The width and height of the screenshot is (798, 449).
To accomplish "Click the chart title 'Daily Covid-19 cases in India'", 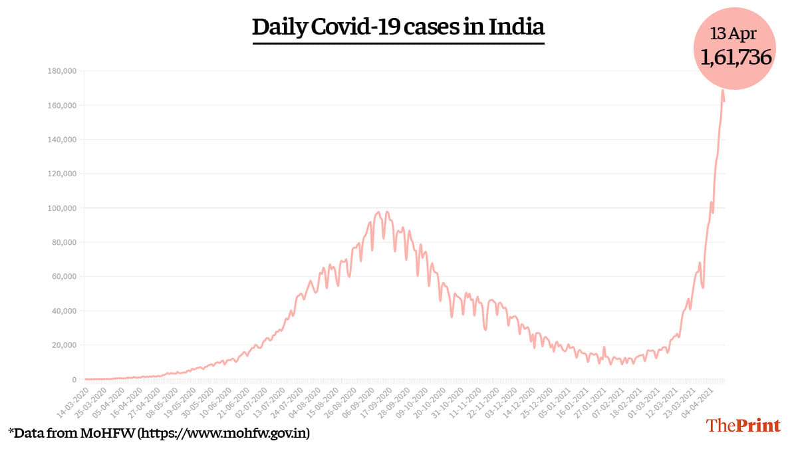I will pos(398,27).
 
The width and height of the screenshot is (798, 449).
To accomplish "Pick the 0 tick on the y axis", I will pos(74,380).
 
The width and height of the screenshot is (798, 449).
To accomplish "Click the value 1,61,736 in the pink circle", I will pos(735,57).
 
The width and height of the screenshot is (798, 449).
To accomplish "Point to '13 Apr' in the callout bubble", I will pos(735,33).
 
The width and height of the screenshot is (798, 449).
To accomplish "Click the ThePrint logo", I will pos(743,425).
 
